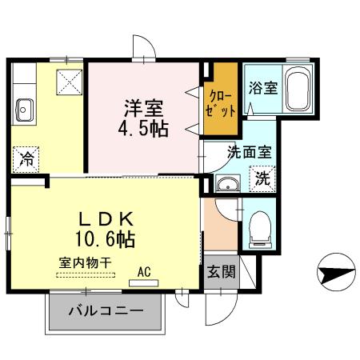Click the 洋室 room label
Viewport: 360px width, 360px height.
click(x=144, y=106)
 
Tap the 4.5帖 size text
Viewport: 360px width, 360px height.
click(x=145, y=128)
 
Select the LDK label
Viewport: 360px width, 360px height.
click(x=106, y=218)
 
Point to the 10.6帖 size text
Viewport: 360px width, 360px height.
click(x=106, y=238)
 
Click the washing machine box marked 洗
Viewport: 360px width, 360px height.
click(x=262, y=179)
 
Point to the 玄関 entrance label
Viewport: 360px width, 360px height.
click(x=221, y=272)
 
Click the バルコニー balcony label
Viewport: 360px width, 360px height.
click(x=106, y=310)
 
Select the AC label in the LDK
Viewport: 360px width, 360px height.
click(x=144, y=271)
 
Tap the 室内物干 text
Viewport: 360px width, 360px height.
click(x=85, y=262)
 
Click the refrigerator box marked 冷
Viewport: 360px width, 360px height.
click(x=26, y=158)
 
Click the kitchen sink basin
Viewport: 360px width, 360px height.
click(x=24, y=107)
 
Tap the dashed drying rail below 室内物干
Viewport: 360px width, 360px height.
click(x=86, y=277)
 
